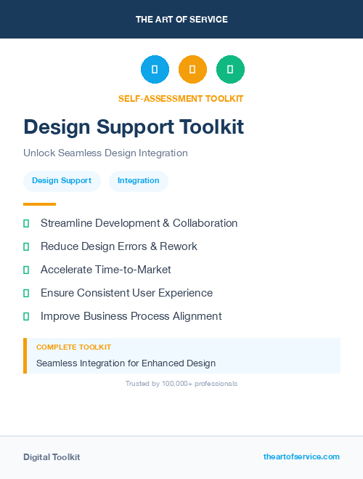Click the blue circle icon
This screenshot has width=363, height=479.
(155, 69)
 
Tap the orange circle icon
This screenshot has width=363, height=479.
(192, 69)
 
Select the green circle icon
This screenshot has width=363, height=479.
(230, 69)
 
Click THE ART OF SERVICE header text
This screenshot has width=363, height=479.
(181, 20)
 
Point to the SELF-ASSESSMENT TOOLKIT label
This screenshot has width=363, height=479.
(181, 99)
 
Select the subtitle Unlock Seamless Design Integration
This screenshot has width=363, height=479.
(105, 153)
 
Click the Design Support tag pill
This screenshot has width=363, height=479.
(62, 181)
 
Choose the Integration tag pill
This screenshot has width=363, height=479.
(138, 181)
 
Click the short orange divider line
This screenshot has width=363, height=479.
(39, 204)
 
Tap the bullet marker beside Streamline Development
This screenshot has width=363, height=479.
(26, 223)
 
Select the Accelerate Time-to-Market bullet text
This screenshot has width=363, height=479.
(106, 270)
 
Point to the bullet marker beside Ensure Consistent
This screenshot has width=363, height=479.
(26, 293)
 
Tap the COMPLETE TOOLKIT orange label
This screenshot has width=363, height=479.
(73, 347)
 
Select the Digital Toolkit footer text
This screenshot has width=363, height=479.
(52, 457)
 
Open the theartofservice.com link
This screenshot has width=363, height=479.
(301, 456)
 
